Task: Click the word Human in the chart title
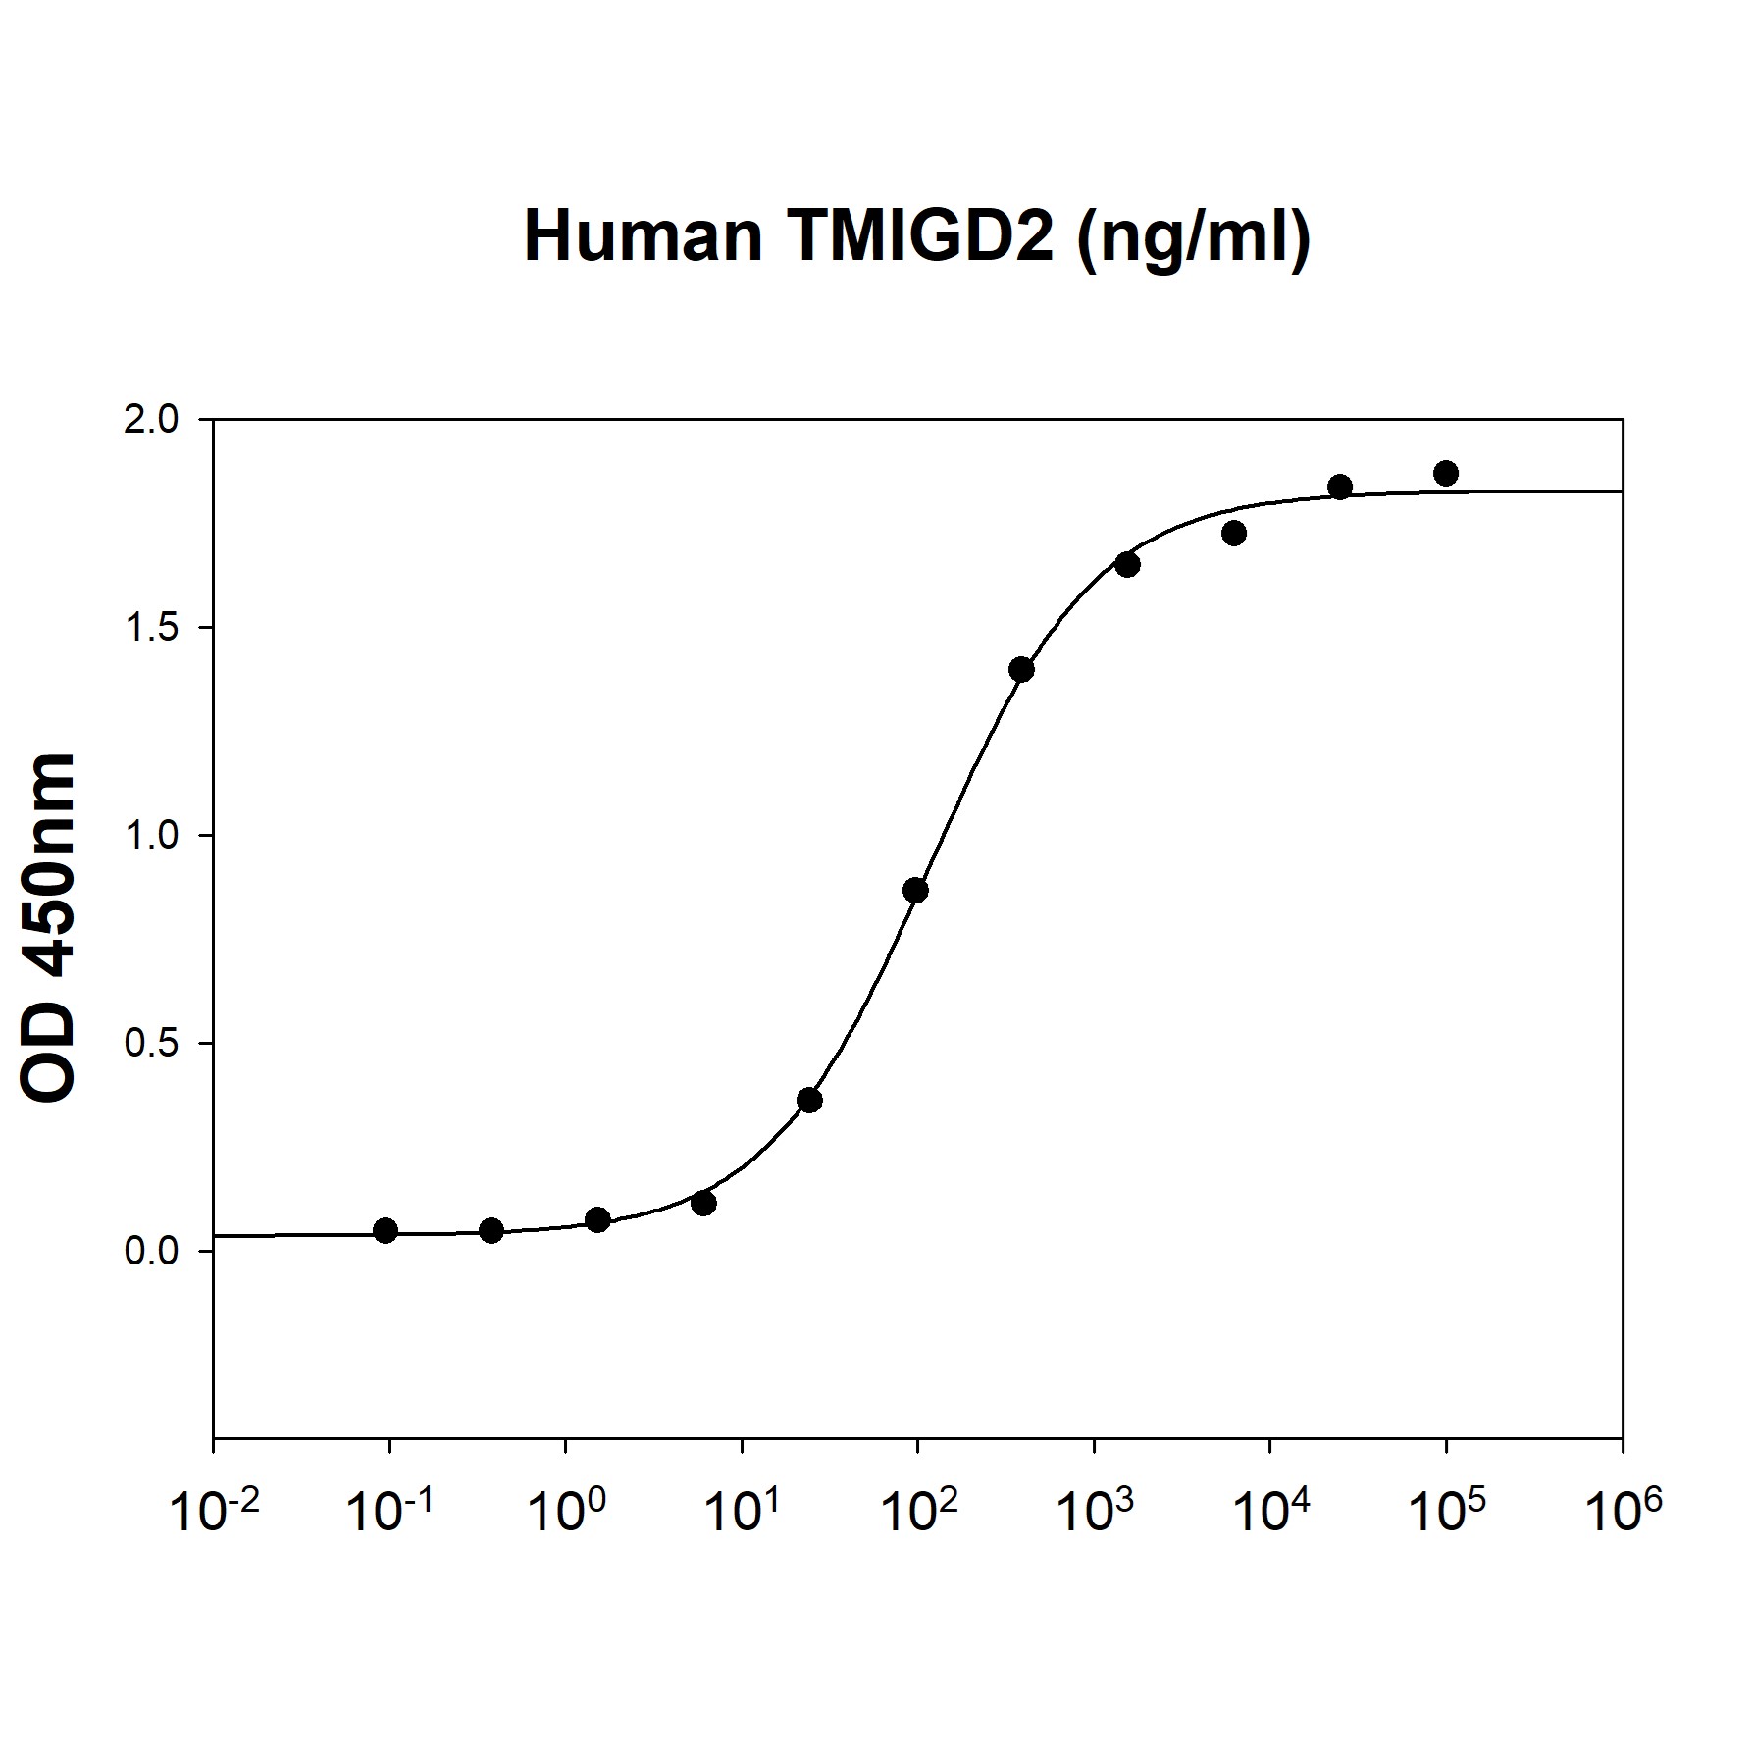(x=644, y=236)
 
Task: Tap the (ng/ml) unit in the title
(x=1193, y=238)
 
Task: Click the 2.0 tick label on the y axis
(x=152, y=420)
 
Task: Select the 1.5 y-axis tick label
(x=152, y=628)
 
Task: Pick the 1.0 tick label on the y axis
(x=152, y=836)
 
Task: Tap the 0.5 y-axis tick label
(x=152, y=1044)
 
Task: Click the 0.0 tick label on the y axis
(x=152, y=1252)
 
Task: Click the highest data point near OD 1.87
(x=1445, y=474)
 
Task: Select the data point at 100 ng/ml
(x=915, y=891)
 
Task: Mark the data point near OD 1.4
(x=1021, y=670)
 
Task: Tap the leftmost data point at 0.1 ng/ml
(x=386, y=1231)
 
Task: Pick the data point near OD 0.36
(x=809, y=1101)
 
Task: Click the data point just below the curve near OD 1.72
(x=1234, y=534)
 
